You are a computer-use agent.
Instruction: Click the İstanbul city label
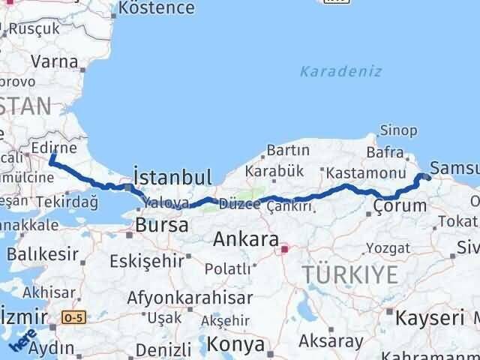click(x=172, y=177)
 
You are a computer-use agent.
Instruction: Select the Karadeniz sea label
click(x=341, y=72)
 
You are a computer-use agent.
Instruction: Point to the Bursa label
click(x=161, y=224)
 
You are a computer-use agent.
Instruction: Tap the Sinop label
click(x=399, y=130)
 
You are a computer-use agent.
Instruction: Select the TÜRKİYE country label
click(x=351, y=274)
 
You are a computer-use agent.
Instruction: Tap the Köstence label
click(x=157, y=9)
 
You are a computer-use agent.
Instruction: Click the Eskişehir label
click(x=146, y=261)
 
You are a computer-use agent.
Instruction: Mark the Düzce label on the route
click(x=238, y=203)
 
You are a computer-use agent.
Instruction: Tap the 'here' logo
click(x=22, y=342)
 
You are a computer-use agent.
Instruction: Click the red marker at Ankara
click(x=284, y=245)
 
